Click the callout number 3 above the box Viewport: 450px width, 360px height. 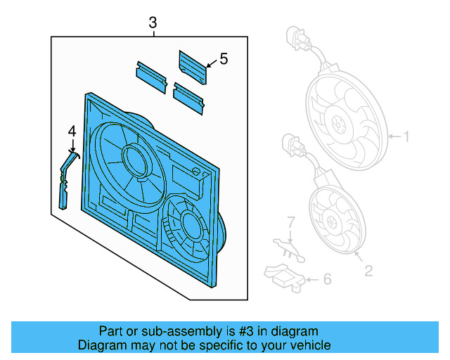153,23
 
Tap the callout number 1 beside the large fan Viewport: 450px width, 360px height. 405,136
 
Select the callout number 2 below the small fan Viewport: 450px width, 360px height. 368,269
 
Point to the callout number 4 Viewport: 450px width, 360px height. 72,131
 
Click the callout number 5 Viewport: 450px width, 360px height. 224,60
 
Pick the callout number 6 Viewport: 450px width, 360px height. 326,279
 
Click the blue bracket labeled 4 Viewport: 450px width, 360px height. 65,181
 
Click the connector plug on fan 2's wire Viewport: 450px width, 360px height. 292,147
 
